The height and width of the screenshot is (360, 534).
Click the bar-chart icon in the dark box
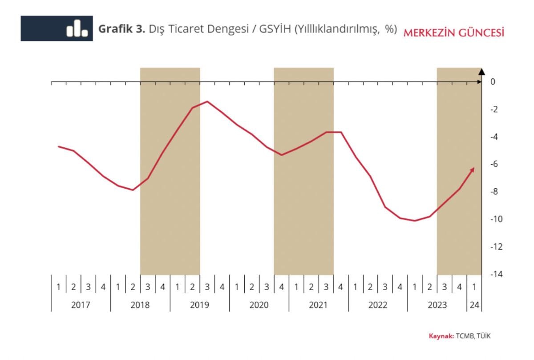(77, 28)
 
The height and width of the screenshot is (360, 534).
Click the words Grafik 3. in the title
(121, 29)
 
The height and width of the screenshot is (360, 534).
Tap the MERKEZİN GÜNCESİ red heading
(453, 32)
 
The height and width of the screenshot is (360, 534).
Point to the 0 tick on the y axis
(493, 82)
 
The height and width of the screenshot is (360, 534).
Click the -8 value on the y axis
(494, 192)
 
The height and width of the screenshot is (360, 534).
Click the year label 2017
(81, 305)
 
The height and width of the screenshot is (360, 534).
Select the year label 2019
(199, 305)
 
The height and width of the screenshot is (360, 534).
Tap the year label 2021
(318, 305)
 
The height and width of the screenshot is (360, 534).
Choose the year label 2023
(437, 305)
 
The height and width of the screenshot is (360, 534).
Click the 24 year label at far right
(474, 305)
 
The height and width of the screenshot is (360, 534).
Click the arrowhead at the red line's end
(473, 169)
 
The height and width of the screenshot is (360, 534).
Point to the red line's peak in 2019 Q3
(207, 101)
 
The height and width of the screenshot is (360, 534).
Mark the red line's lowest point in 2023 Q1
(415, 221)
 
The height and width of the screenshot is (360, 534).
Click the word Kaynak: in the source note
(441, 336)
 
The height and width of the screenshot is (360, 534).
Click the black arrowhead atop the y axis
(482, 70)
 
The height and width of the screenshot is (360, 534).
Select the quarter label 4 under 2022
(400, 287)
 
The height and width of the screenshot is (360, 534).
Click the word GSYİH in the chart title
(274, 29)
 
